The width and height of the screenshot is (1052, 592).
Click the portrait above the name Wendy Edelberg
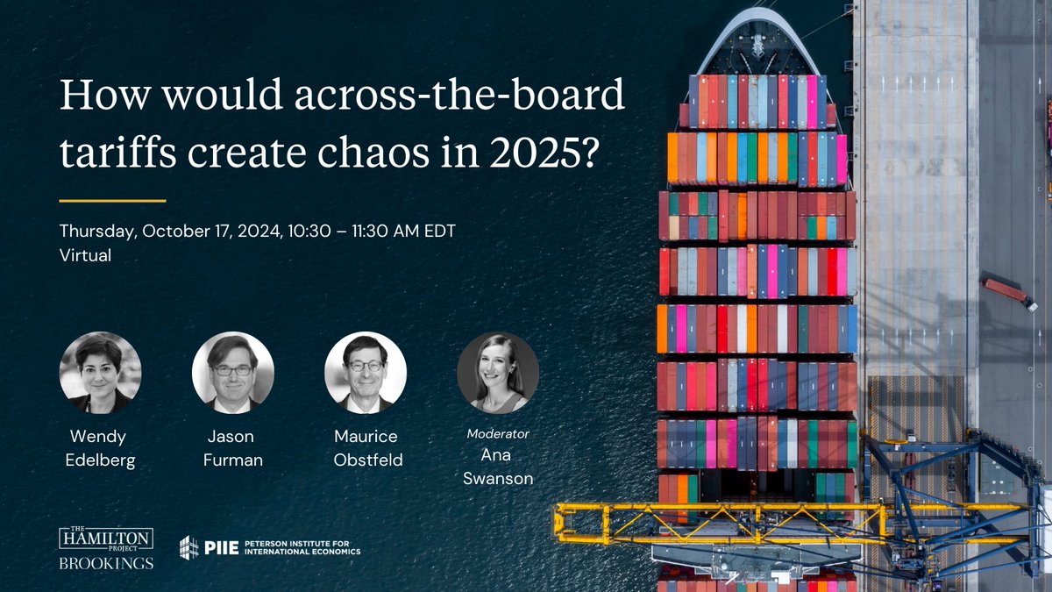click(x=100, y=372)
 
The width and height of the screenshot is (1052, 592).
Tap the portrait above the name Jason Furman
click(x=233, y=372)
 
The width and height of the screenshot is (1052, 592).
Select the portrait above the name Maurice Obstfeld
click(x=366, y=372)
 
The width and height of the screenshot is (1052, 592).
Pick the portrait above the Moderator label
click(x=498, y=372)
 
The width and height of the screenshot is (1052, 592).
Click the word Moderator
click(x=498, y=433)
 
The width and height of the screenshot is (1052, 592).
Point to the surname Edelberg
click(x=100, y=460)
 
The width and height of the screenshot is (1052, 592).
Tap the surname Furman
click(x=233, y=460)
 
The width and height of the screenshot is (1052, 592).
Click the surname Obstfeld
click(x=366, y=460)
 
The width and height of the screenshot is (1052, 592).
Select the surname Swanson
click(x=498, y=477)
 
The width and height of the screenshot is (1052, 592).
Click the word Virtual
click(x=85, y=256)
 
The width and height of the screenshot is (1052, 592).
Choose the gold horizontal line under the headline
click(x=112, y=200)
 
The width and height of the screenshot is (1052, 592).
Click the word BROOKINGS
click(x=105, y=562)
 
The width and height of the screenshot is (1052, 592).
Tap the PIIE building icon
click(x=188, y=546)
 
